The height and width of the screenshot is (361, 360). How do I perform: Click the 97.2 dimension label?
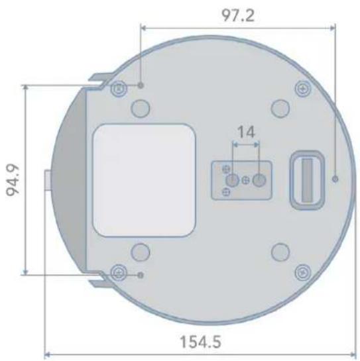238,15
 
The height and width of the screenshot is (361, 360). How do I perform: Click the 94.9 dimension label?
13,180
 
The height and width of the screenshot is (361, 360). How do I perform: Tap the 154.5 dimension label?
200,342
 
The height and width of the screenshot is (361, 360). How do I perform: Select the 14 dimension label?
246,132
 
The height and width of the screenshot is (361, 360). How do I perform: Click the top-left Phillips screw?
119,88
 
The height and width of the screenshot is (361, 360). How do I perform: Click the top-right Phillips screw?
303,88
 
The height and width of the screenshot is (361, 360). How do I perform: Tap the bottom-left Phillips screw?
119,273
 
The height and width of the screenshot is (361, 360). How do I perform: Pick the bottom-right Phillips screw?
303,273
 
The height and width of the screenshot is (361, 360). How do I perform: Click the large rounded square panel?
144,180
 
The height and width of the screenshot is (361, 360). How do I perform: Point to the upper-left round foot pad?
141,108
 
